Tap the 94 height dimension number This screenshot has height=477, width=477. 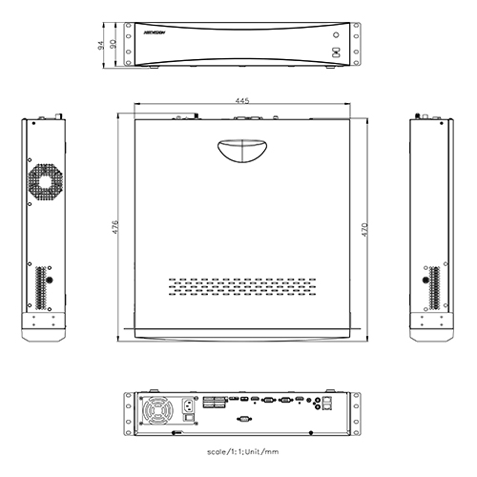99,44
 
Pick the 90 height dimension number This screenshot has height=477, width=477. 114,44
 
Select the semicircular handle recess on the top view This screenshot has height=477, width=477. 238,150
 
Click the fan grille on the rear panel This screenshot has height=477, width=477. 155,411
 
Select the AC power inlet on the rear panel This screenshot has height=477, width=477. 189,412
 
